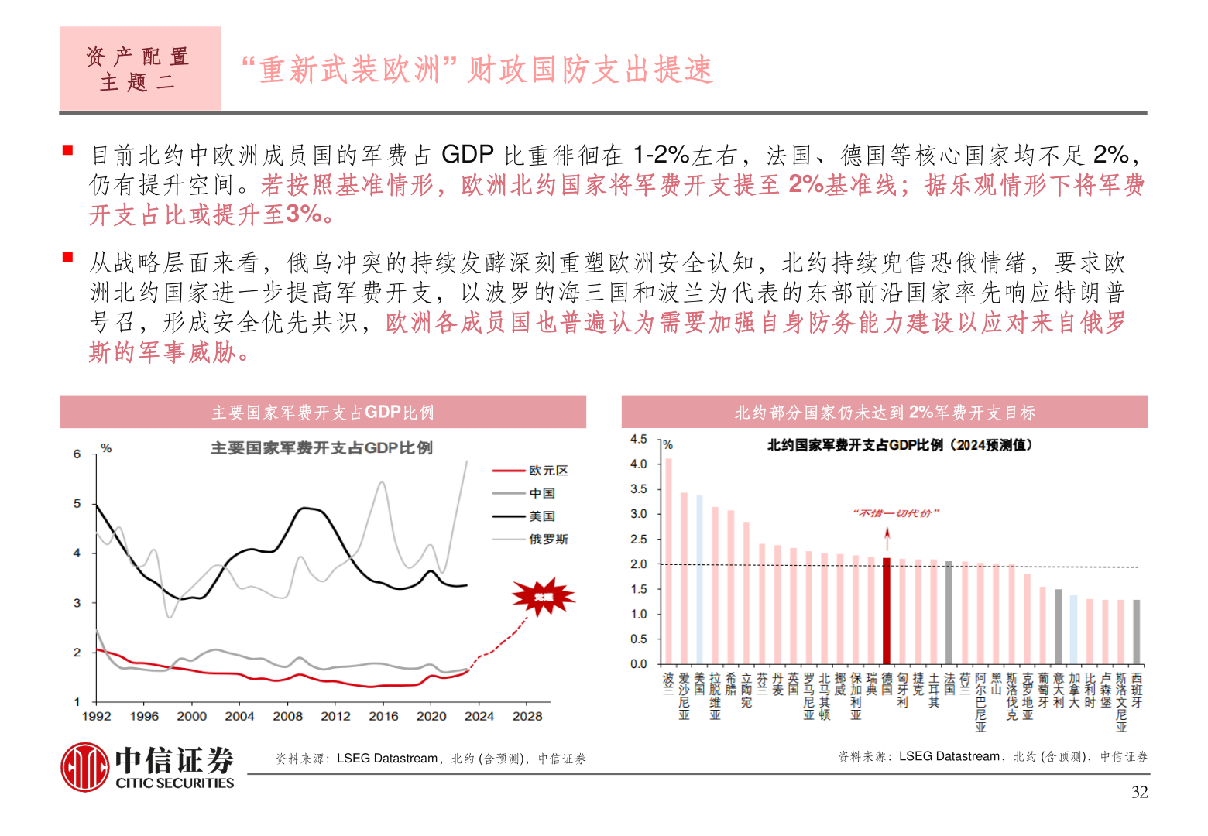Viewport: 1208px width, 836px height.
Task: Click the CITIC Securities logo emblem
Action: (x=85, y=766)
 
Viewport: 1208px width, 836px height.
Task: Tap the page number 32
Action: (x=1139, y=792)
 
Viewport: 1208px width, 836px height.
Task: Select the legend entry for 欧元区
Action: (x=548, y=471)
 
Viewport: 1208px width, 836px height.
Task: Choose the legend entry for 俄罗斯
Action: (x=548, y=539)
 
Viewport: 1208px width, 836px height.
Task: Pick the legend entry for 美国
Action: (x=541, y=516)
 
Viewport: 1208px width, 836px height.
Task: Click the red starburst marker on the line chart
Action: (x=543, y=597)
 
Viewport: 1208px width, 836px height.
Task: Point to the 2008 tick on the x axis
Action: (x=287, y=716)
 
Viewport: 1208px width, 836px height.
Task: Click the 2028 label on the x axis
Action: (x=527, y=716)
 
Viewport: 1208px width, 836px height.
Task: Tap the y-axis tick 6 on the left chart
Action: (x=77, y=454)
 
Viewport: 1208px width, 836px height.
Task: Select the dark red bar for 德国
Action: (x=887, y=611)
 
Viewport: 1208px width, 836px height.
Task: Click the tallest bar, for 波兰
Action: (x=668, y=561)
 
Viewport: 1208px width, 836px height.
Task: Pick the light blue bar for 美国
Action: (x=699, y=579)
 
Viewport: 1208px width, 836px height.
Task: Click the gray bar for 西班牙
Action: (x=1136, y=632)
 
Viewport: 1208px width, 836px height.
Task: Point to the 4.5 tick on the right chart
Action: (x=638, y=440)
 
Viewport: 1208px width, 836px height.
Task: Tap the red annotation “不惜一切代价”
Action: (x=896, y=513)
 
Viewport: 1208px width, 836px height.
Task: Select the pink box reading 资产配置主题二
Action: (x=140, y=69)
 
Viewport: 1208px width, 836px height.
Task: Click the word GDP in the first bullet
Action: (x=468, y=155)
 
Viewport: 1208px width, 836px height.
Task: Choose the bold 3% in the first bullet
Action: (x=304, y=214)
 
